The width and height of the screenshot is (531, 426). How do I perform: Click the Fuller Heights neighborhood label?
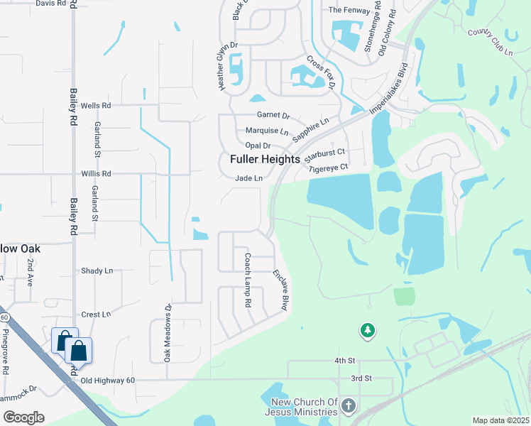[x=265, y=160]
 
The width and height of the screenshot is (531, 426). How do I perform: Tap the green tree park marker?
[x=367, y=330]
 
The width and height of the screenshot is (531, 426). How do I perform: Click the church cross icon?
[x=348, y=406]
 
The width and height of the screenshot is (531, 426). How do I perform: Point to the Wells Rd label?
[x=96, y=106]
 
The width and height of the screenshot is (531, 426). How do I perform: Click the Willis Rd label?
[x=96, y=173]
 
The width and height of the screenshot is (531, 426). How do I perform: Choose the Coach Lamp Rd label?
[x=248, y=280]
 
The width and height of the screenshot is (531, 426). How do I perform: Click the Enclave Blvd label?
[x=280, y=290]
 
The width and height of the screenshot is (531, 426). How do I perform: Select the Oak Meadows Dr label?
[x=168, y=334]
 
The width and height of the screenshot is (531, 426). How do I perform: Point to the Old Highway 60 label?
[x=107, y=381]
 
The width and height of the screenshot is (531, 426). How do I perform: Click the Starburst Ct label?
[x=327, y=152]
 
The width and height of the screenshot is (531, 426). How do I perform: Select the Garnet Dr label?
[x=273, y=116]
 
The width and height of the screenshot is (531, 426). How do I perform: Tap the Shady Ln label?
[x=97, y=271]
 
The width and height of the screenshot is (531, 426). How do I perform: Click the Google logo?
[x=23, y=417]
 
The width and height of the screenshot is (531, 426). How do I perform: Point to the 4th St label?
[x=344, y=361]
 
